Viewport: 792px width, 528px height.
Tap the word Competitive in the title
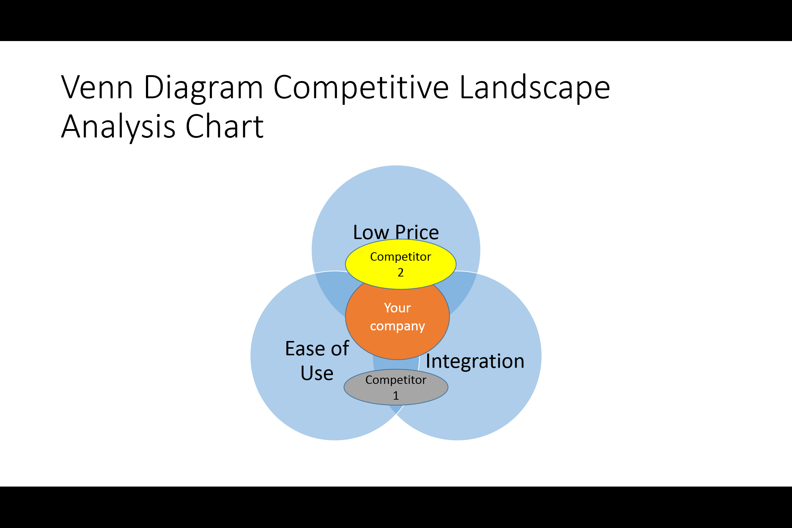[x=361, y=88]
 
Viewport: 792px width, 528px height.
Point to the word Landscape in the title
[x=535, y=88]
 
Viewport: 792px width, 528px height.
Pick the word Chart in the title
[x=224, y=126]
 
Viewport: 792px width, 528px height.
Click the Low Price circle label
[x=396, y=232]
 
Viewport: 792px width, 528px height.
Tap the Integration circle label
[x=475, y=361]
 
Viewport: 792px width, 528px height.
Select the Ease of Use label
[x=317, y=361]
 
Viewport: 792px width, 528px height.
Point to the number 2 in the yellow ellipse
[x=401, y=272]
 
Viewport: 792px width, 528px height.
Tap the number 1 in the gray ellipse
[x=396, y=396]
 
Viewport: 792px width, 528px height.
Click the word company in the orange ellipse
[x=397, y=326]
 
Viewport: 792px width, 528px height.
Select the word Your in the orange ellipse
[x=397, y=308]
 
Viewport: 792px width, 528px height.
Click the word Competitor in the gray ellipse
[x=396, y=380]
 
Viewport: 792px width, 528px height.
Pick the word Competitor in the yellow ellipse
[x=401, y=257]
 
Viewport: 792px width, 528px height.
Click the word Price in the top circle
[x=417, y=232]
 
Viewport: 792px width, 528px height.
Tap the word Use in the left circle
[x=317, y=373]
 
